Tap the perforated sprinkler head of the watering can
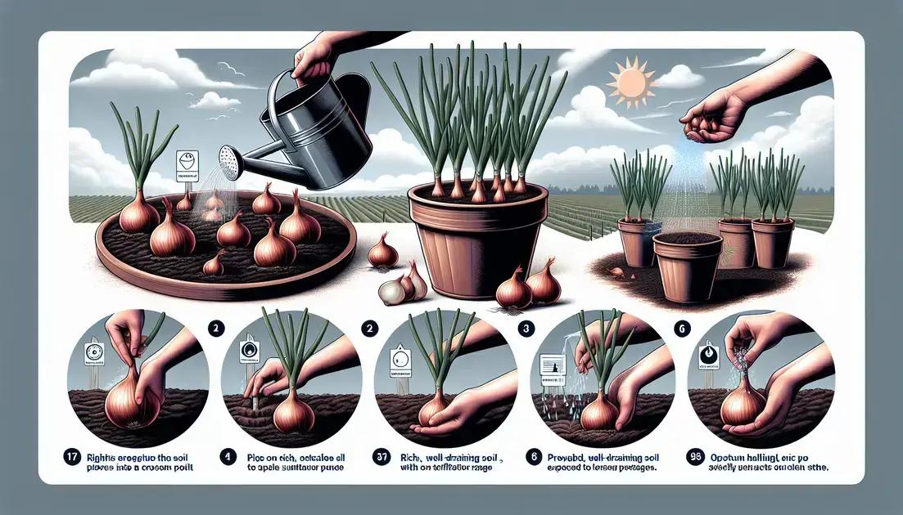(232, 163)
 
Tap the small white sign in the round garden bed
(186, 165)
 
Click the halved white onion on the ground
(395, 289)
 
